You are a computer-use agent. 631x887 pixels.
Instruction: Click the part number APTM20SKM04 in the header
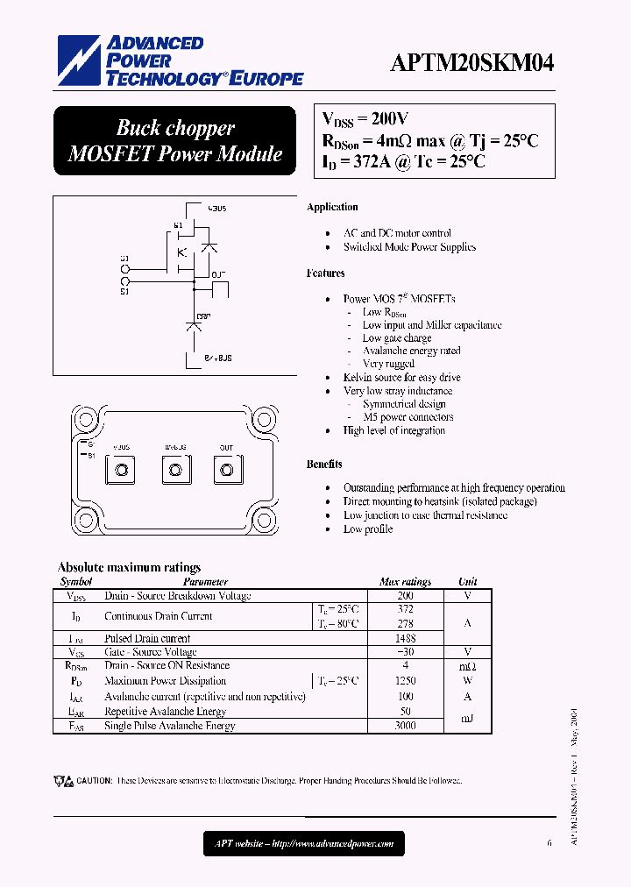(471, 64)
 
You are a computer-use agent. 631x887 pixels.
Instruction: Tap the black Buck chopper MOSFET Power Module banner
(175, 140)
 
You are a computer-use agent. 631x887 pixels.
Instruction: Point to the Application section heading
(332, 208)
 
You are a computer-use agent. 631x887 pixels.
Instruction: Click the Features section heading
(326, 273)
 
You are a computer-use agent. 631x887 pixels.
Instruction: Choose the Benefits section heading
(324, 465)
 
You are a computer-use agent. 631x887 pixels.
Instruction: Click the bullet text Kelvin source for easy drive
(401, 378)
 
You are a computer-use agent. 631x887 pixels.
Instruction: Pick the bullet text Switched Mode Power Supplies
(409, 247)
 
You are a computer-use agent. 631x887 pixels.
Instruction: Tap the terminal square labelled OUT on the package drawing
(226, 471)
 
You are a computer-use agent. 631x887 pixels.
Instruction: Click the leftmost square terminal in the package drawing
(121, 471)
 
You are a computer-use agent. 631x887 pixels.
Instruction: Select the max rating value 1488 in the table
(405, 639)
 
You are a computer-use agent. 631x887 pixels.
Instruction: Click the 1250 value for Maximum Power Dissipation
(405, 681)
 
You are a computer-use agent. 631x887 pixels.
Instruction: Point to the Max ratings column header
(405, 582)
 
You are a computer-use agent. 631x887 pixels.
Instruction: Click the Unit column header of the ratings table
(468, 582)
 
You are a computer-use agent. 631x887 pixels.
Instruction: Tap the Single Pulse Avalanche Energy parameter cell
(170, 726)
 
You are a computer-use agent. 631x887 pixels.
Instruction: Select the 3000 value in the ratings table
(405, 726)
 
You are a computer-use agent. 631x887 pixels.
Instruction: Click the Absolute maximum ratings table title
(129, 567)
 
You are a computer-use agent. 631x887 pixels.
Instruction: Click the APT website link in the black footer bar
(304, 844)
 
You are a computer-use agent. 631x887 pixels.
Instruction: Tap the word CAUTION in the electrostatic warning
(94, 781)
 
